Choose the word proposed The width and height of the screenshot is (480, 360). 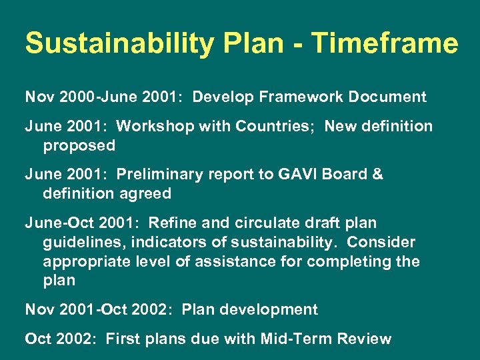click(79, 145)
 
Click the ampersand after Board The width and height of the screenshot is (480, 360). click(378, 175)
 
